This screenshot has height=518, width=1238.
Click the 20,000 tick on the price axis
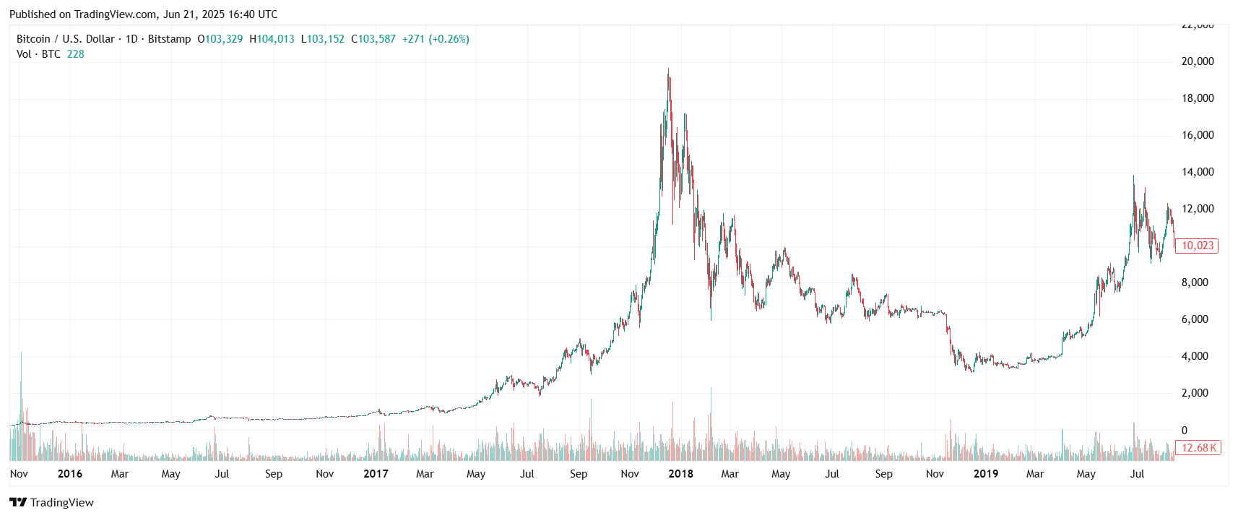(x=1197, y=61)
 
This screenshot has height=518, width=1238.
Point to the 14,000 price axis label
(x=1197, y=172)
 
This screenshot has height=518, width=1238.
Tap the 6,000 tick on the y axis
(x=1194, y=319)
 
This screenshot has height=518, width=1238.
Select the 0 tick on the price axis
(x=1184, y=430)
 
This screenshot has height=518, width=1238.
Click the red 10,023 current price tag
(x=1197, y=246)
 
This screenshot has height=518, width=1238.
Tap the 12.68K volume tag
(x=1198, y=448)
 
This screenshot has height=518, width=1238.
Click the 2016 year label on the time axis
(x=69, y=474)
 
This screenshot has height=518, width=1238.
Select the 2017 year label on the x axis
(x=376, y=474)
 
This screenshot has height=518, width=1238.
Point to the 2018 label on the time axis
(x=680, y=474)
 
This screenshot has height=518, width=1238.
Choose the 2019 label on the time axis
(x=985, y=474)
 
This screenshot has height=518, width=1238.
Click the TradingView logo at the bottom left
(x=51, y=503)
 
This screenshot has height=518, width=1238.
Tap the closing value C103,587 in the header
(x=373, y=39)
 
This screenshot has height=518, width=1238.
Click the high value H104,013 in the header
(x=272, y=39)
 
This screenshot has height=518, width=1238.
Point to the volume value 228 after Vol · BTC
(x=76, y=54)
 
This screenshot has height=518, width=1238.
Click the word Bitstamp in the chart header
(x=169, y=39)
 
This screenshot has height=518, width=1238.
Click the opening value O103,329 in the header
(x=220, y=39)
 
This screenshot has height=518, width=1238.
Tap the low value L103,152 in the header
(x=323, y=39)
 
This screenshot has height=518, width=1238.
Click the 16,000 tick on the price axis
(x=1197, y=135)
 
